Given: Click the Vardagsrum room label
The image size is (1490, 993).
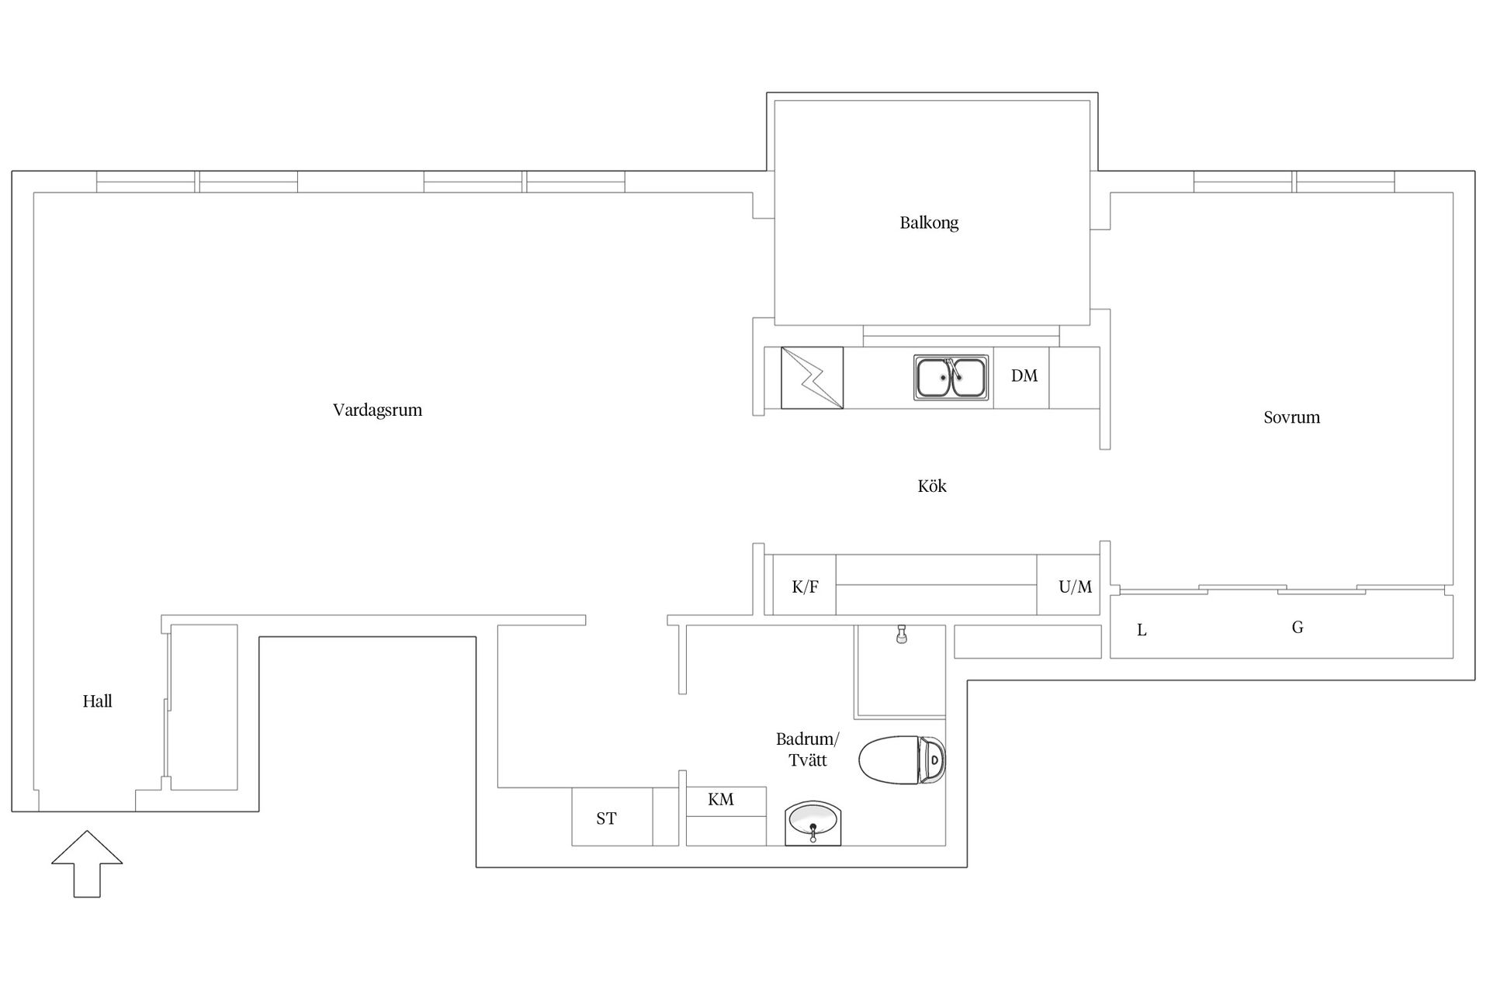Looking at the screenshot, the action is pyautogui.click(x=378, y=410).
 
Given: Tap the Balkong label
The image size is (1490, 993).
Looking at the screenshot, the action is pyautogui.click(x=929, y=223).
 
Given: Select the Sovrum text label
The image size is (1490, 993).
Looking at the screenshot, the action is pyautogui.click(x=1291, y=417).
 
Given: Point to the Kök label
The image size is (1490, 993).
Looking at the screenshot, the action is pyautogui.click(x=932, y=486).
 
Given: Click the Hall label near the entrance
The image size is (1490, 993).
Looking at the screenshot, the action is pyautogui.click(x=97, y=701).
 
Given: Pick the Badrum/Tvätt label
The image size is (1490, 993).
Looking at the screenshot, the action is pyautogui.click(x=808, y=749).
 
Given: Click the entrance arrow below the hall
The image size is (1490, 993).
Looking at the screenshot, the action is pyautogui.click(x=87, y=864).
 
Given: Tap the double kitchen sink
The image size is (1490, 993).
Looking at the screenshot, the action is pyautogui.click(x=951, y=378).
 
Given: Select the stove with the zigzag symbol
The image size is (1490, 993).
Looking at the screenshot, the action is pyautogui.click(x=812, y=378).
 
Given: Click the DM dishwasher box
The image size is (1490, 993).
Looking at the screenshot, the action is pyautogui.click(x=1021, y=378).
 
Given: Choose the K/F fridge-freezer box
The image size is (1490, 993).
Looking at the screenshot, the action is pyautogui.click(x=805, y=585).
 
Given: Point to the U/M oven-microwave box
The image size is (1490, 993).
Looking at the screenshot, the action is pyautogui.click(x=1069, y=585).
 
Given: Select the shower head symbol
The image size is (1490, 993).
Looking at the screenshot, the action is pyautogui.click(x=901, y=634).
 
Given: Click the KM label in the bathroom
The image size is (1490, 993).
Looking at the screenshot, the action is pyautogui.click(x=721, y=800).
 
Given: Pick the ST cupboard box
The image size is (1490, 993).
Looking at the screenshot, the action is pyautogui.click(x=612, y=816).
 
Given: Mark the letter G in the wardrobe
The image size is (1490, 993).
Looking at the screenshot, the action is pyautogui.click(x=1298, y=628).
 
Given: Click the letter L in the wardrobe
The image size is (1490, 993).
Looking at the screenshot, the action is pyautogui.click(x=1142, y=631).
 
